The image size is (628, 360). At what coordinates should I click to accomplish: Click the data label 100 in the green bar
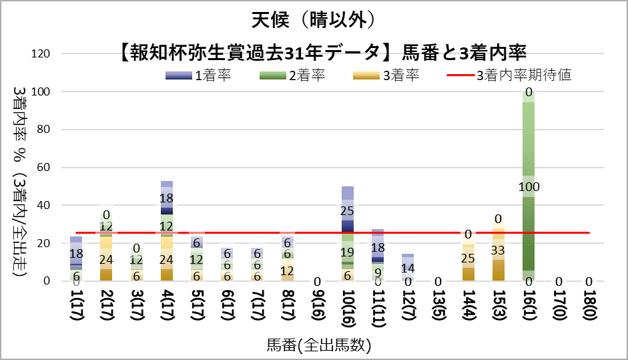pyautogui.click(x=529, y=186)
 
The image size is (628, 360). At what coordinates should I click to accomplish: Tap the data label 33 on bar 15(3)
pyautogui.click(x=498, y=250)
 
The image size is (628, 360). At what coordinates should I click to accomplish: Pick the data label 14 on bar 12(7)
pyautogui.click(x=408, y=268)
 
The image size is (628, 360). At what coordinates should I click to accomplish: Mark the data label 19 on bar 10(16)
pyautogui.click(x=347, y=252)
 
